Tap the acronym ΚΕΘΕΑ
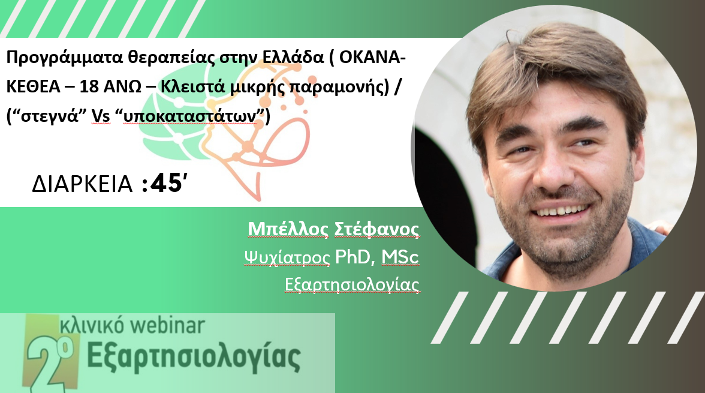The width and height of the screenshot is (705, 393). click(x=34, y=86)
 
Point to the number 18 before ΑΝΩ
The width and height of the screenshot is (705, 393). click(x=89, y=86)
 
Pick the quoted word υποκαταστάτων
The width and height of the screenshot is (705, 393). click(x=190, y=116)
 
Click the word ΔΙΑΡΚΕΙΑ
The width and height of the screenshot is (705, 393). click(x=82, y=184)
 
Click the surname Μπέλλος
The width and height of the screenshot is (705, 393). click(x=288, y=229)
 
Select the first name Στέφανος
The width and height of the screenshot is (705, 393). click(x=376, y=229)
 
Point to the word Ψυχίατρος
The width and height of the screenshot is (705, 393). click(x=287, y=257)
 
